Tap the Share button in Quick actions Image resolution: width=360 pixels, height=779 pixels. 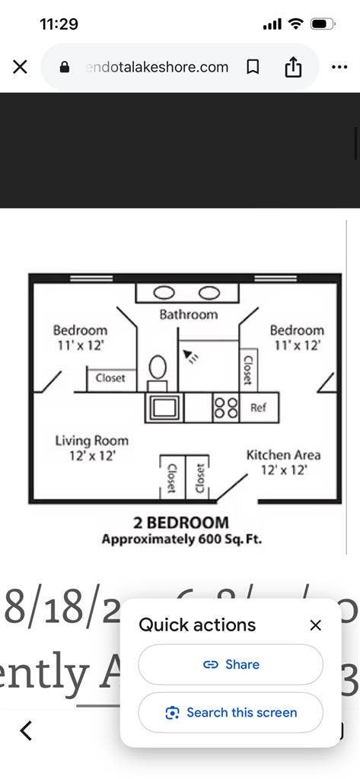231,664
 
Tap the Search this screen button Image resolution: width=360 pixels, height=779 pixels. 231,713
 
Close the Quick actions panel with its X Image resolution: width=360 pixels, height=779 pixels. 316,625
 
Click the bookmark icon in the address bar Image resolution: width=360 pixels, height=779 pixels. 253,67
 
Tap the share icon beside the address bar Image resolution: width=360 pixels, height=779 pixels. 293,67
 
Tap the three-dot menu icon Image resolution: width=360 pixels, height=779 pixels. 339,67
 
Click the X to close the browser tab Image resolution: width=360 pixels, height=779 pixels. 21,67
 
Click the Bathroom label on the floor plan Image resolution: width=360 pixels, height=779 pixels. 188,314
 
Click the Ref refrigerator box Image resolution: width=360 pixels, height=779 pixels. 259,408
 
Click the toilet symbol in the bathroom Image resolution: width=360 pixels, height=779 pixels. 157,368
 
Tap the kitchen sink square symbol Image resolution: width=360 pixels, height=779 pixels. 165,407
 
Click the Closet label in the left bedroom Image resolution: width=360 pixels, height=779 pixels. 110,378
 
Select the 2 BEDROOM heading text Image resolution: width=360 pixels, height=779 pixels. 181,523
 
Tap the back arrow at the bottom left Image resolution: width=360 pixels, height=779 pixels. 26,731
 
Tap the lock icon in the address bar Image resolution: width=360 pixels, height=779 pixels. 65,67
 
